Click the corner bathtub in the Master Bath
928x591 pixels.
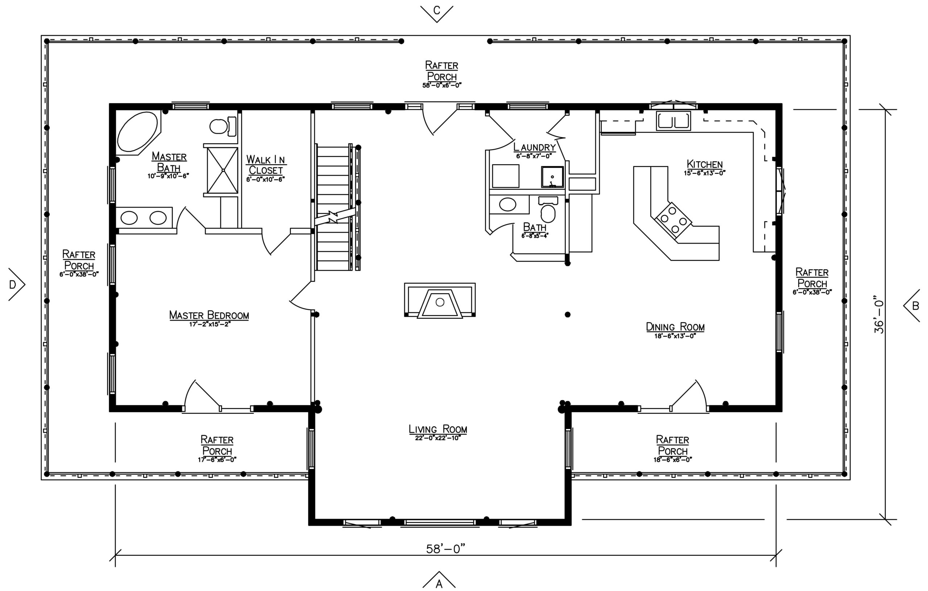pyautogui.click(x=138, y=132)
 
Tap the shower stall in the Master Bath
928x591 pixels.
pyautogui.click(x=222, y=170)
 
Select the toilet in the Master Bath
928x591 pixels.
pyautogui.click(x=223, y=126)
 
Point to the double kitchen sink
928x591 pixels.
pyautogui.click(x=673, y=121)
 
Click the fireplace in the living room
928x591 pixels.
pyautogui.click(x=440, y=300)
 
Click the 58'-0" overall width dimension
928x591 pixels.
pyautogui.click(x=446, y=549)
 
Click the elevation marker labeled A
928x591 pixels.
pyautogui.click(x=439, y=580)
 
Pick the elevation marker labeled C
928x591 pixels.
pyautogui.click(x=437, y=12)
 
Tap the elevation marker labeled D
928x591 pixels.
pyautogui.click(x=16, y=284)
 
